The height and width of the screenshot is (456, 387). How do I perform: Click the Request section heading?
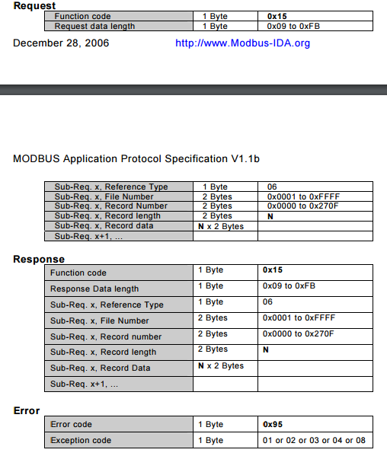click(x=34, y=5)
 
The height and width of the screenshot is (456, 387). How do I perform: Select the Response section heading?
click(x=39, y=259)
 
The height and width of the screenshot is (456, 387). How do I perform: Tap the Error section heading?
click(x=27, y=410)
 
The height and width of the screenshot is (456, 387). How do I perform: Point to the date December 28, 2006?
click(x=61, y=43)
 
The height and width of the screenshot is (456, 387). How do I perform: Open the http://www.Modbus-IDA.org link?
click(x=242, y=43)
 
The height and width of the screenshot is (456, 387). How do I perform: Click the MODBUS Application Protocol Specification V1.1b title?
click(x=136, y=159)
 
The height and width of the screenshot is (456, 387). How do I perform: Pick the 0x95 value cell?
click(x=273, y=424)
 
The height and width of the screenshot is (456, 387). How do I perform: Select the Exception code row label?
click(x=81, y=440)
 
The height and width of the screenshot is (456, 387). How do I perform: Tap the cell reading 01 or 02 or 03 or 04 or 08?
click(x=314, y=440)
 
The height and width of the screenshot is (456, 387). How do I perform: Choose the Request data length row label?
click(x=95, y=26)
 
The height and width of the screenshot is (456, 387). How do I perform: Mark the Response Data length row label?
click(x=94, y=289)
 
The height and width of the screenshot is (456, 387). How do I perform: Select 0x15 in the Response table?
click(x=273, y=269)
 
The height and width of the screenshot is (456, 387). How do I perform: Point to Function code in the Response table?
click(x=78, y=273)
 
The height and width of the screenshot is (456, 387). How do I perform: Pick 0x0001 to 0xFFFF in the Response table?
click(x=299, y=317)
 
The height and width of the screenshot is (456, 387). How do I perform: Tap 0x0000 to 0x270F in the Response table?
click(x=299, y=333)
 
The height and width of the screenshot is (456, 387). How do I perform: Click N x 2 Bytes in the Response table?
click(x=221, y=366)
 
